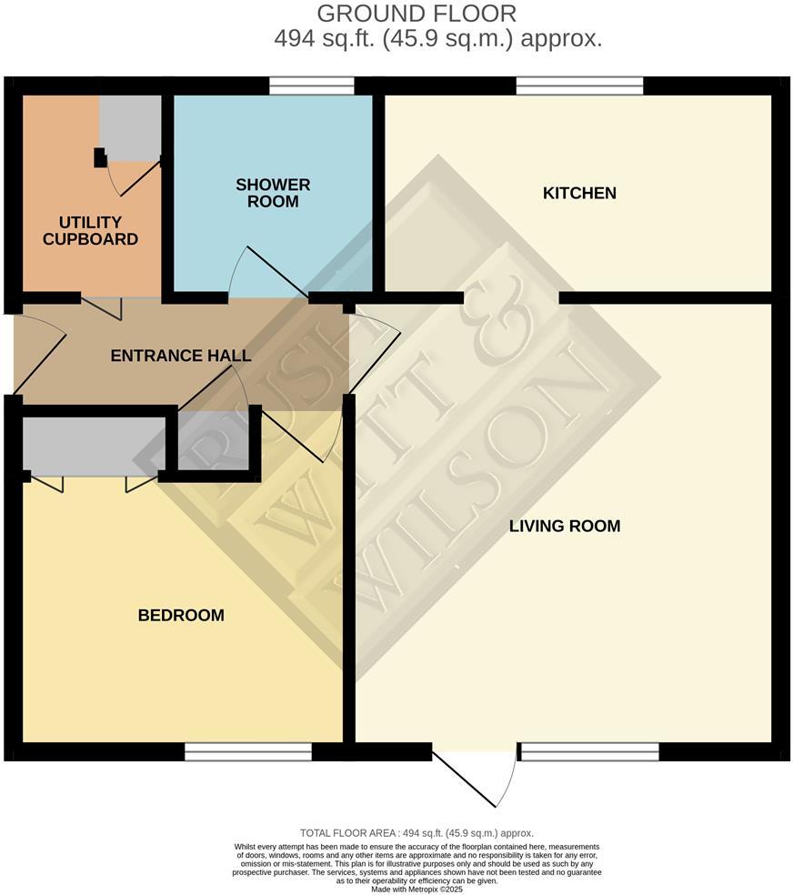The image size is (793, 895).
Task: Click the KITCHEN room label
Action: click(x=579, y=193)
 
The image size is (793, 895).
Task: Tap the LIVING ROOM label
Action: click(x=564, y=526)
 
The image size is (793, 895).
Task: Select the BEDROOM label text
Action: click(x=181, y=616)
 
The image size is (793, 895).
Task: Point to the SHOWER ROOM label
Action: click(x=273, y=193)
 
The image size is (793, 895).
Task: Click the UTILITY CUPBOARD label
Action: click(x=98, y=231)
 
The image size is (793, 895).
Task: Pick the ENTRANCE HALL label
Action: click(x=181, y=356)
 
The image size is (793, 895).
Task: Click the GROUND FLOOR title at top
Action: click(x=417, y=14)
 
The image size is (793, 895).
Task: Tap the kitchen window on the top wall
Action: click(x=579, y=86)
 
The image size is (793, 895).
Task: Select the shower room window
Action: click(x=312, y=86)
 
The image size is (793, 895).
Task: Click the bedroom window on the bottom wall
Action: click(x=248, y=751)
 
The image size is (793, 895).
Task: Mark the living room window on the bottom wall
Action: click(x=588, y=751)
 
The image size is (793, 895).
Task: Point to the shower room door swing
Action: click(x=268, y=273)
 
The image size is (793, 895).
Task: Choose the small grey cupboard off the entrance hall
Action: click(x=213, y=441)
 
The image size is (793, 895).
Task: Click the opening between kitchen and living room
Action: click(x=511, y=297)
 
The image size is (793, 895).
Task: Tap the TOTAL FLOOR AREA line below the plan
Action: click(x=417, y=833)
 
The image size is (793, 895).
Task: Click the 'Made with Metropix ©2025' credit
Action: click(x=417, y=889)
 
